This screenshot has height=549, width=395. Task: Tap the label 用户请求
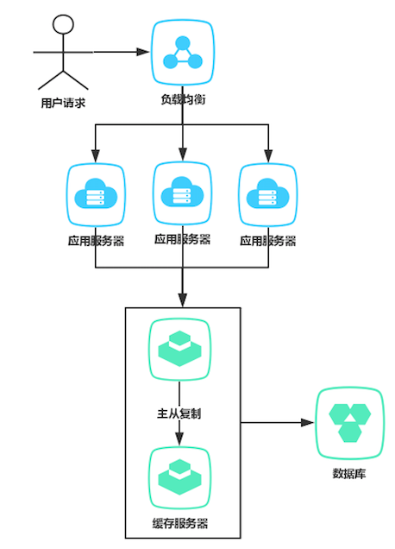[62, 104]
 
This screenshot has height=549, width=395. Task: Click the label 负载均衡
[182, 99]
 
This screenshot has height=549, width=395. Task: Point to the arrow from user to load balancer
[121, 53]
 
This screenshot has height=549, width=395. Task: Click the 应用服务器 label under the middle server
[182, 238]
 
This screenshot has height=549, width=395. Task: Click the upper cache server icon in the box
[179, 349]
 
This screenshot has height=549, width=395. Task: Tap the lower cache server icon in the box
[179, 477]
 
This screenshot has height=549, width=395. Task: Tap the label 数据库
[348, 473]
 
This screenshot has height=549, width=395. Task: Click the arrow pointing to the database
[276, 423]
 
